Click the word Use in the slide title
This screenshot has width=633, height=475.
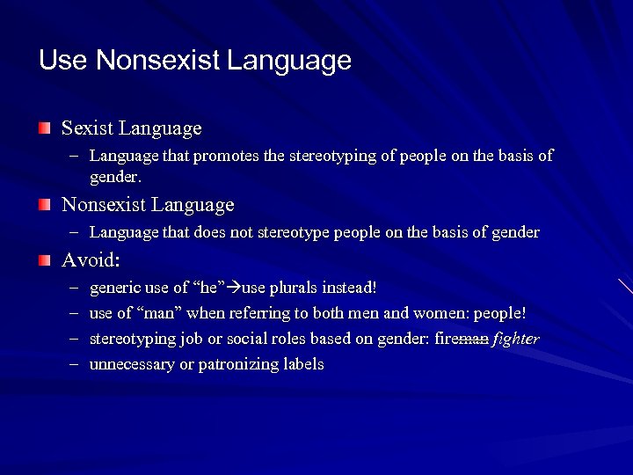63,60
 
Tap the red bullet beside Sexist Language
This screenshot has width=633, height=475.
44,128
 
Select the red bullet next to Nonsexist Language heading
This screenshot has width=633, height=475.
44,205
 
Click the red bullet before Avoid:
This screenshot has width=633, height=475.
44,260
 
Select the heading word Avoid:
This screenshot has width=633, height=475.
91,260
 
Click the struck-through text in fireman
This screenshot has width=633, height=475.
472,339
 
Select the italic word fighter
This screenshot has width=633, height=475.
517,339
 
